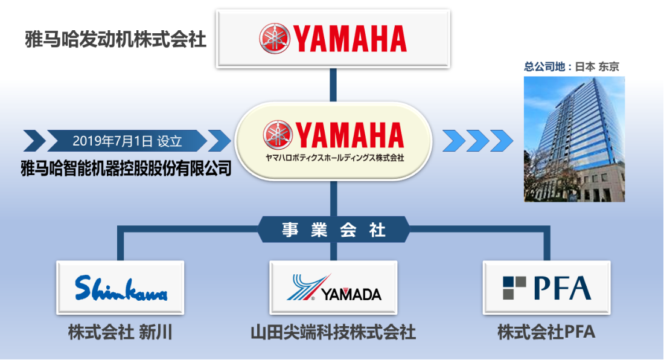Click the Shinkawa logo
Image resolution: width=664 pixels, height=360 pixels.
click(121, 288)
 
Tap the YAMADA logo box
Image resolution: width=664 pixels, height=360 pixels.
click(333, 288)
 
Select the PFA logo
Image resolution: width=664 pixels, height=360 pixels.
click(547, 288)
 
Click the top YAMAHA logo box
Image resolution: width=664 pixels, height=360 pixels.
click(333, 39)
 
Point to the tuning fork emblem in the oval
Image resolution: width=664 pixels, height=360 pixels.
click(278, 135)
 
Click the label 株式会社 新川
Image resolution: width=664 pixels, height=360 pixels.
click(120, 332)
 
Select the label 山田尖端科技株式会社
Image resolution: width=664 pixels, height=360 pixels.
click(333, 332)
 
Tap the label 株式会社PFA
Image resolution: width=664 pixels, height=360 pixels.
click(546, 332)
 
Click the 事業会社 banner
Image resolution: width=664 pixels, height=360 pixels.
click(333, 230)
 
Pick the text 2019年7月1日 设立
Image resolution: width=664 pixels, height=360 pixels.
click(127, 141)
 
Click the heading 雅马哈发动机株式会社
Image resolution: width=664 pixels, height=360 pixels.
click(116, 39)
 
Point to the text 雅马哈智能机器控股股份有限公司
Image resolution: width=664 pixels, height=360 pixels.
click(126, 168)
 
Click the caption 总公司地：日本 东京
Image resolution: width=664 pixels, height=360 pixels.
click(572, 66)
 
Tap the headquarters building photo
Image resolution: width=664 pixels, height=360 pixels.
click(574, 139)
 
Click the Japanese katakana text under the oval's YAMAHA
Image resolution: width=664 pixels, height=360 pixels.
click(334, 158)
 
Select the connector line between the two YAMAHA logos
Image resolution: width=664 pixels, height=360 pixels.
click(333, 85)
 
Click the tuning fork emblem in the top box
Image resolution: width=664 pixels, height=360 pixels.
click(275, 39)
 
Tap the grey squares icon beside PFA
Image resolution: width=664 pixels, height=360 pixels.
click(514, 288)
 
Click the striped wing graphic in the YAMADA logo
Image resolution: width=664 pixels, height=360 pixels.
click(308, 287)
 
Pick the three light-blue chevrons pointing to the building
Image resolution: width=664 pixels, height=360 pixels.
click(477, 141)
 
